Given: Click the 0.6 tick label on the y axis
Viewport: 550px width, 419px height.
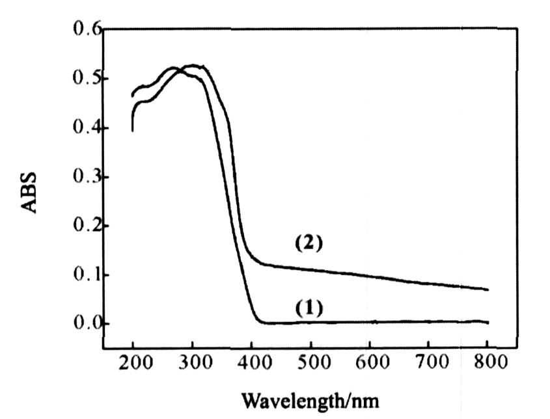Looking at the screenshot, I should coord(84,30).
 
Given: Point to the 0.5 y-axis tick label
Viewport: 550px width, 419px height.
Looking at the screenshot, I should coord(84,79).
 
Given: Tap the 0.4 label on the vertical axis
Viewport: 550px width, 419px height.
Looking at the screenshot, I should coord(84,128).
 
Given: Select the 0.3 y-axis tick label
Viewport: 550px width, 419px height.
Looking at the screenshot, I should coord(84,177).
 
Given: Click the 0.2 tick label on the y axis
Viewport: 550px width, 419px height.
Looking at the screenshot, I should coord(84,226).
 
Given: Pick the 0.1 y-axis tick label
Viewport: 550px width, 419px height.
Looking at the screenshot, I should coord(84,275).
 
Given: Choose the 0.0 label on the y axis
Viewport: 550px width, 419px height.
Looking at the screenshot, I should coord(84,323).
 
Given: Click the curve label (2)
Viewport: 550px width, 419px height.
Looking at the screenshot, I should coord(309,244).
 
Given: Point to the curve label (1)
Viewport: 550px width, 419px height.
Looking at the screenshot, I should coord(309,307).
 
